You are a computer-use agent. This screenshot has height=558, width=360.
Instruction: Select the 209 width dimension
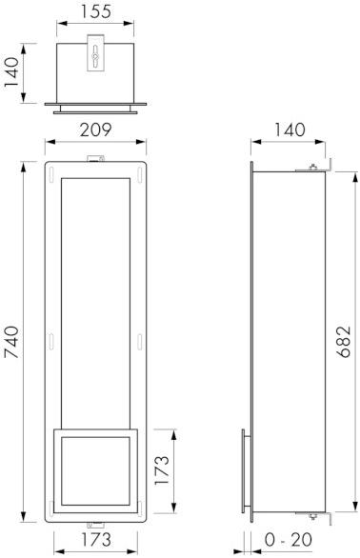pos(95,130)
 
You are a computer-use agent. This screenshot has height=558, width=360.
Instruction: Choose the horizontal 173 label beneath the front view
pos(94,540)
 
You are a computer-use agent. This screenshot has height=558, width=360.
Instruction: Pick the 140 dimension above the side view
pos(288,130)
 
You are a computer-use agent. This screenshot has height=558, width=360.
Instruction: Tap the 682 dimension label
pos(345,340)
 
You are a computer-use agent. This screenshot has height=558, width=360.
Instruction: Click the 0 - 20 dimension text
pos(288,540)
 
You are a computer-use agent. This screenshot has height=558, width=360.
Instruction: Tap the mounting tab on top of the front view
pos(94,159)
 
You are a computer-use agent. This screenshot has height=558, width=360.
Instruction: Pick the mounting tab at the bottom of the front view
pos(95,523)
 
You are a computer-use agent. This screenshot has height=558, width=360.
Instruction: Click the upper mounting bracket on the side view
pos(315,169)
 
